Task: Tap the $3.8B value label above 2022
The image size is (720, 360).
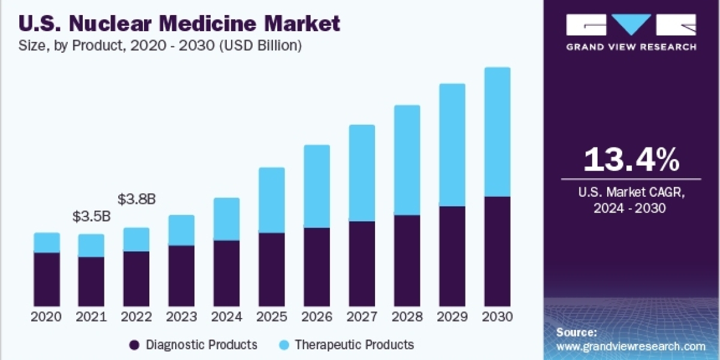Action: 137,199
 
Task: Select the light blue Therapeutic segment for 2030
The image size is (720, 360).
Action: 497,132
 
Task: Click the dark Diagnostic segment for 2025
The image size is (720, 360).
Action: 272,270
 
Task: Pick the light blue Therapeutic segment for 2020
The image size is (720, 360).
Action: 47,243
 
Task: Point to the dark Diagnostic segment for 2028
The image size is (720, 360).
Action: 407,261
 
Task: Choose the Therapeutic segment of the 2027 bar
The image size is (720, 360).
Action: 362,173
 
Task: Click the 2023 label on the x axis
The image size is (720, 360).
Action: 182,317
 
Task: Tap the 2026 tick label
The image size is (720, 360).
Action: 317,317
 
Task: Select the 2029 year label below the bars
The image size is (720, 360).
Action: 452,317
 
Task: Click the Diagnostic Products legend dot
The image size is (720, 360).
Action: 134,345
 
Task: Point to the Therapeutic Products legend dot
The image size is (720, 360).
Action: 284,345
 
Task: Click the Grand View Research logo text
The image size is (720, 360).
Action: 631,47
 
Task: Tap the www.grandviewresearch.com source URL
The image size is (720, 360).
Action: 631,346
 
